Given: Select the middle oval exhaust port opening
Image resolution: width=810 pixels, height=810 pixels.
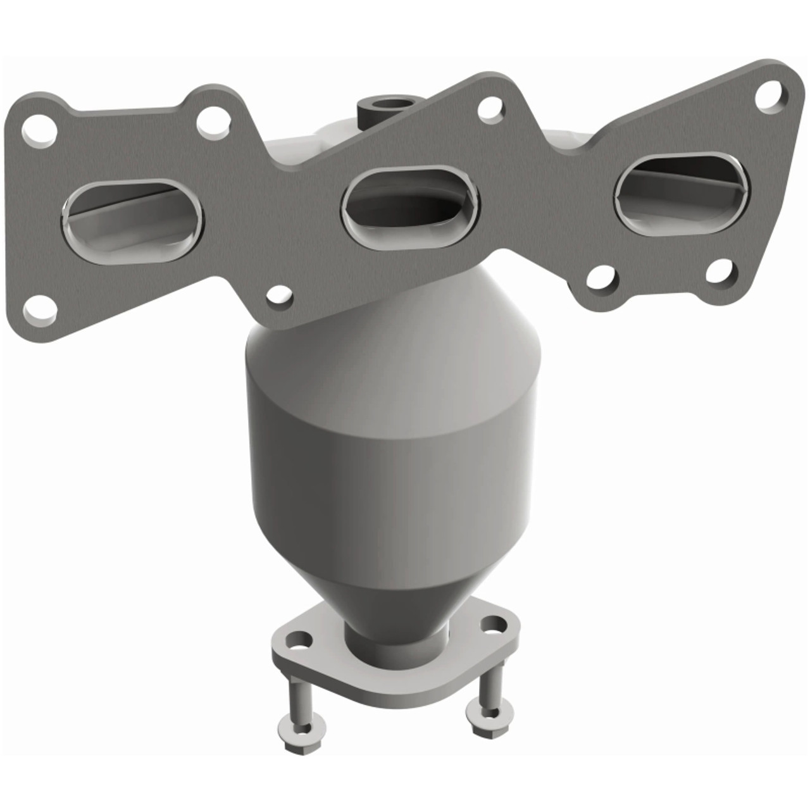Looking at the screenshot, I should coord(410,206).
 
